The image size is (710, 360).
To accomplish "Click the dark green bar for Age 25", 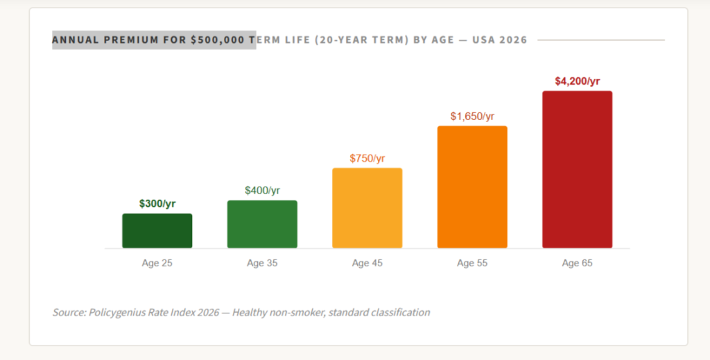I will pos(157,231).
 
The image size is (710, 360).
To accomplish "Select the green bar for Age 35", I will pos(262,224).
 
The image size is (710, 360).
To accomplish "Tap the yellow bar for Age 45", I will pos(367,208).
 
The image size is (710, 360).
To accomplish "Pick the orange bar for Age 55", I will pos(472,187).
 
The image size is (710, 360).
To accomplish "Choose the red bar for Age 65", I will pos(577,169).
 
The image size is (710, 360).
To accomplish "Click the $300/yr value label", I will pos(157,203).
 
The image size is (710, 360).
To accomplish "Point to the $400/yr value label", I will pos(262,190).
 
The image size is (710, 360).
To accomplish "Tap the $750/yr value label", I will pos(367,158).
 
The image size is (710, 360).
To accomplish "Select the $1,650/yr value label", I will pos(472,116).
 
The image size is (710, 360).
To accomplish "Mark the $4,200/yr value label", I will pos(577,81).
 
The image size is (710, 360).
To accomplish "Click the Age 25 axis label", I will pos(157,263).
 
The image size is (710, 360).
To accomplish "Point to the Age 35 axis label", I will pos(262,263).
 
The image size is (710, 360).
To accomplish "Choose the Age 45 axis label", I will pos(367,263).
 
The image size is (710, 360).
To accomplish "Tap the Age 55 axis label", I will pos(472,263).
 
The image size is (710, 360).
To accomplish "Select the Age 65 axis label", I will pos(577,263).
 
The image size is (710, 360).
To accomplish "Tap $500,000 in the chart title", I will pos(217,40).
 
